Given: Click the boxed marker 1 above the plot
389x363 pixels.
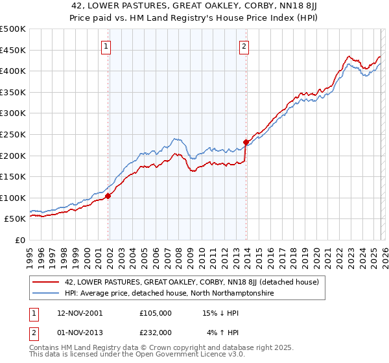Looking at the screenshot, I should (x=106, y=46).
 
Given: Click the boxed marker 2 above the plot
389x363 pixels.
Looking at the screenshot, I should (x=244, y=46).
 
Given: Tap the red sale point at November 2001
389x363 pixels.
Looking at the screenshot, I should (x=108, y=196).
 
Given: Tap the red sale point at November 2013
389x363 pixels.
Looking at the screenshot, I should (x=246, y=142).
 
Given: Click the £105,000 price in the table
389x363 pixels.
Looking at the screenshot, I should (x=155, y=312).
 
